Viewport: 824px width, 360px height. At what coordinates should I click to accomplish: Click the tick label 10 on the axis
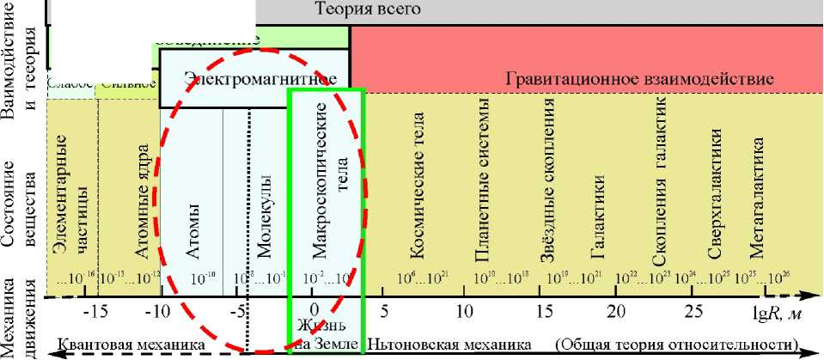click(465, 310)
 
